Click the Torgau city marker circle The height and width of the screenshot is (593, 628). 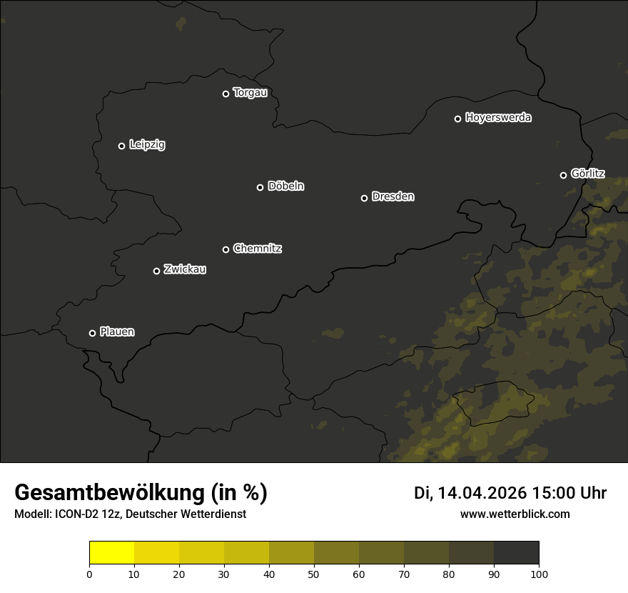(226, 94)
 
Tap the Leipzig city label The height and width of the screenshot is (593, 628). (147, 145)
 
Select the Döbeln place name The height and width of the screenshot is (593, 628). (285, 186)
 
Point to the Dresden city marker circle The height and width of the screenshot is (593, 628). (364, 198)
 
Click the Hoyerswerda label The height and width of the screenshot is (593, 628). (498, 118)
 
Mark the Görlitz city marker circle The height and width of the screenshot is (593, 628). (563, 175)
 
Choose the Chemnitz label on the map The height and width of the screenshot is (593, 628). (258, 249)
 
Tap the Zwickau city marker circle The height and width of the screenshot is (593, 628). (156, 271)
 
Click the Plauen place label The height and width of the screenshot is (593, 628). (117, 332)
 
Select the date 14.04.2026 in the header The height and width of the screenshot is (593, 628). (482, 493)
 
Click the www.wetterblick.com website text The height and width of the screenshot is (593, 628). (515, 514)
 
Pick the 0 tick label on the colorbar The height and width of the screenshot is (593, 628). (89, 574)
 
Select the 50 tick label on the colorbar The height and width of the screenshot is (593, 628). (314, 574)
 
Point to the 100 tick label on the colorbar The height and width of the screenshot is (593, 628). (539, 574)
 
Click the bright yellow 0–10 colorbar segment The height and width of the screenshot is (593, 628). (111, 553)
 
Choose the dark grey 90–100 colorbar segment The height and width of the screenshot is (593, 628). (516, 553)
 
